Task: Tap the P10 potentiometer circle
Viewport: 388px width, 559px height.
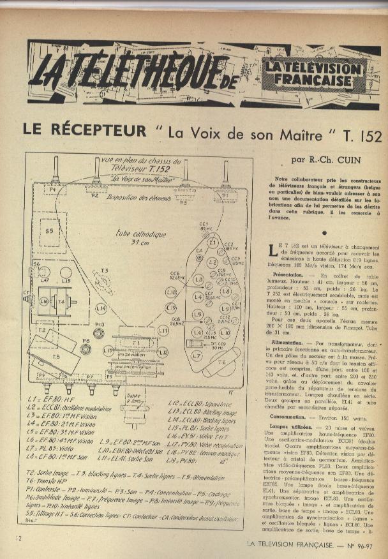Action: click(x=99, y=332)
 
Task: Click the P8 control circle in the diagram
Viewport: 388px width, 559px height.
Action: click(x=86, y=349)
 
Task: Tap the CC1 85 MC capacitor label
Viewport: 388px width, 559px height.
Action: click(x=204, y=227)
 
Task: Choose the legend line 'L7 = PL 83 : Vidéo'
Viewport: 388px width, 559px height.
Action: click(x=52, y=448)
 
